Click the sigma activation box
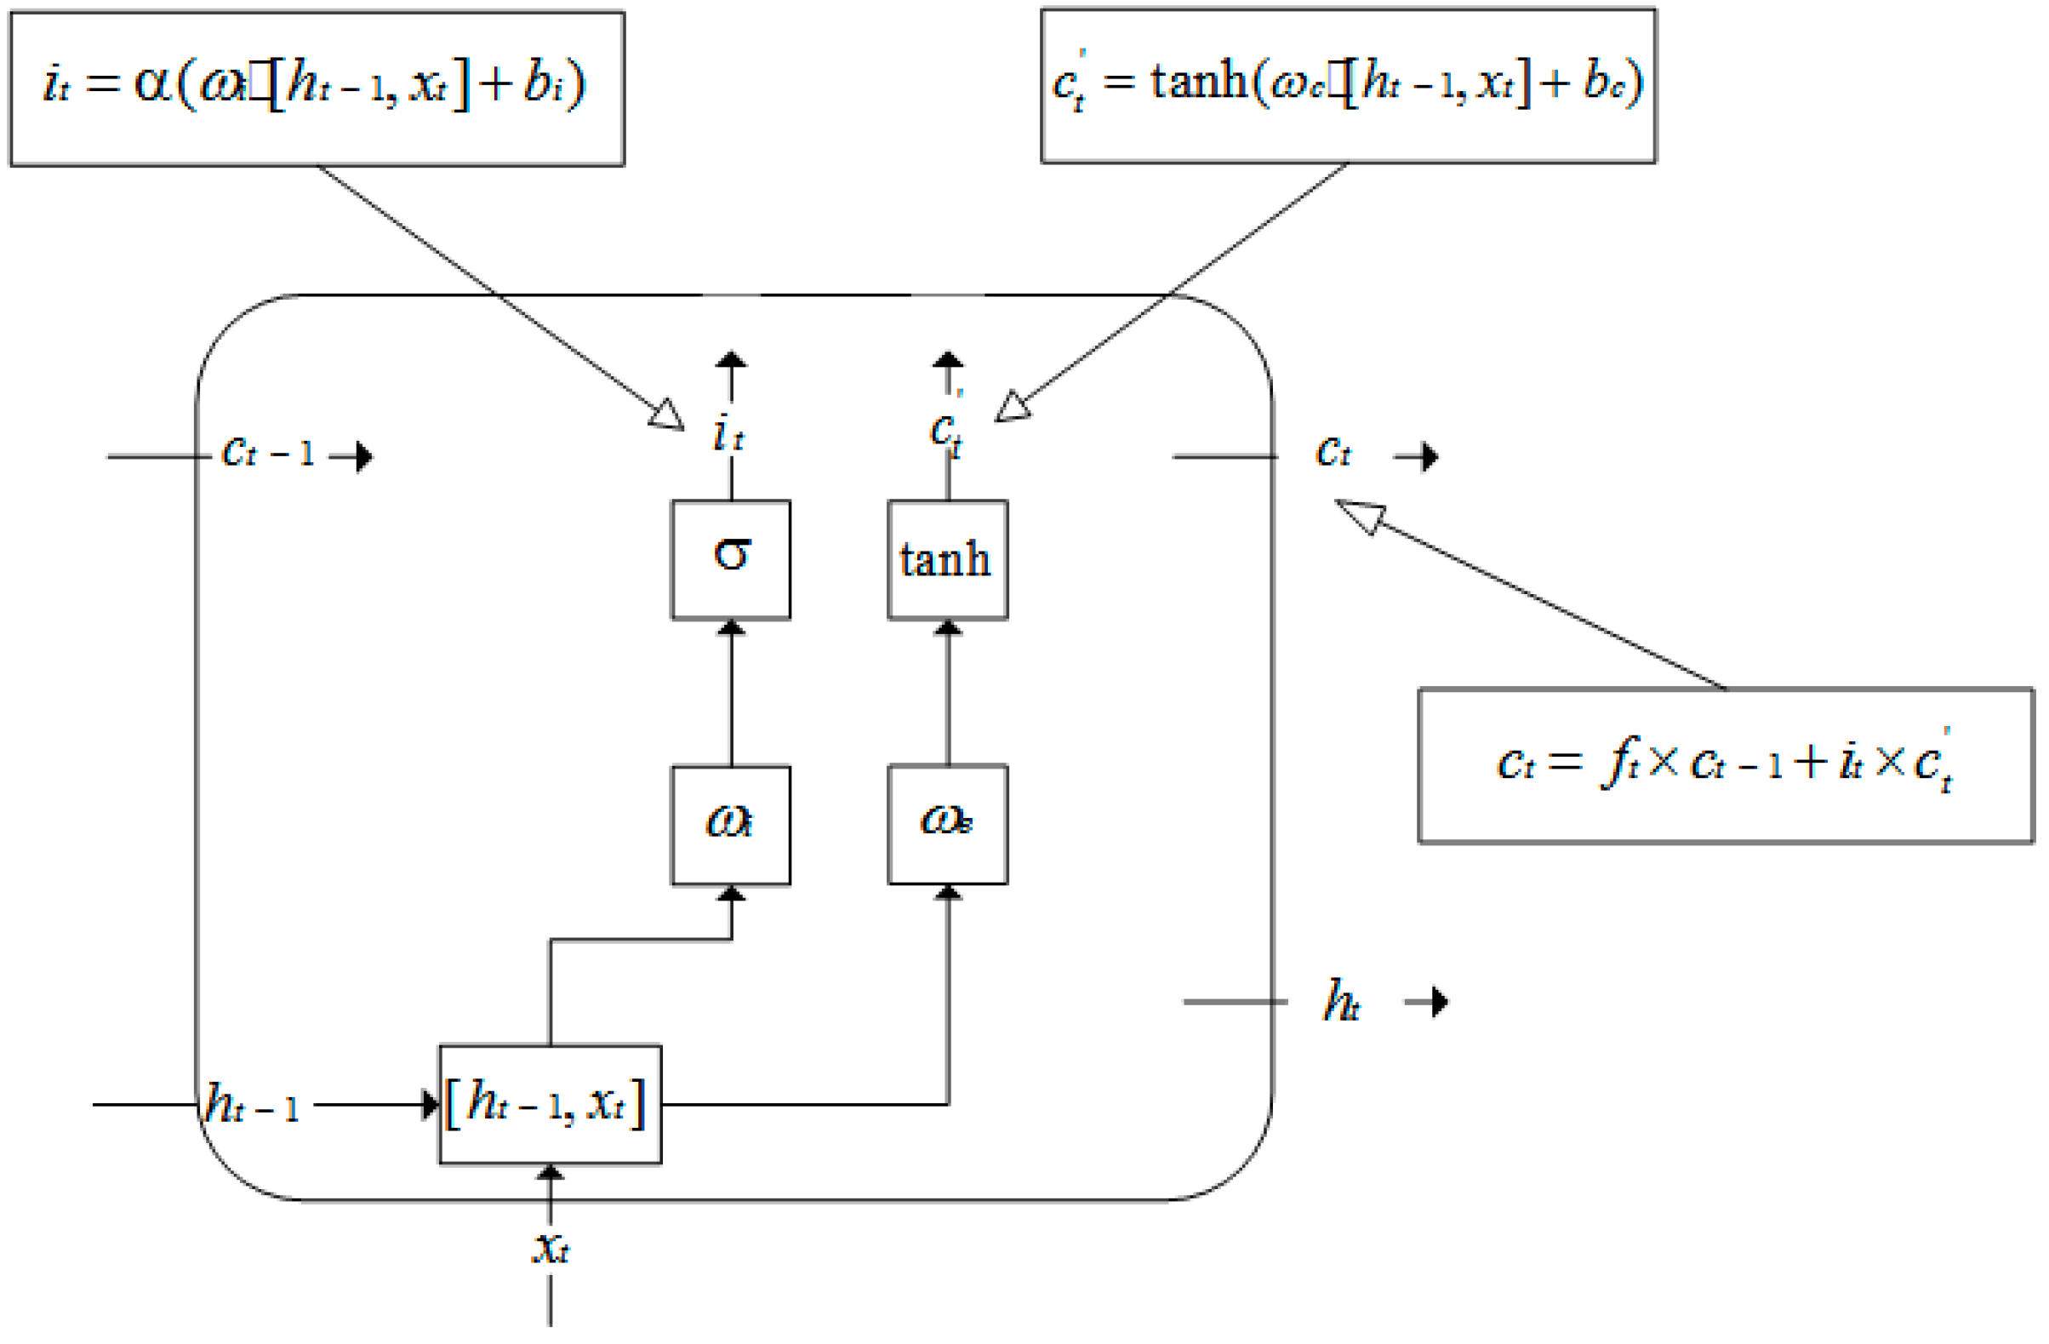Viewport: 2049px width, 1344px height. [x=731, y=559]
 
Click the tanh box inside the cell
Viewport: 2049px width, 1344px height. [x=947, y=559]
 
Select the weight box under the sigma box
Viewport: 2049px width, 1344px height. [x=731, y=825]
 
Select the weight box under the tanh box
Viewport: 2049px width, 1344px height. [x=947, y=824]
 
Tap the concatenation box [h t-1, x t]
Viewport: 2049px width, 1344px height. [x=551, y=1105]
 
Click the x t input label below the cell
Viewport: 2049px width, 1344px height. [x=551, y=1247]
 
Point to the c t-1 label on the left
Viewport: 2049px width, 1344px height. [x=268, y=452]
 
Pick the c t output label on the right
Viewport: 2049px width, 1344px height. [x=1333, y=452]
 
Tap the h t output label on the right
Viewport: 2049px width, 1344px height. [x=1341, y=1001]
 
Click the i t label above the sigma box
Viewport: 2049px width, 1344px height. [x=728, y=433]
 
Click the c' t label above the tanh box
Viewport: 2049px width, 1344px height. [x=946, y=431]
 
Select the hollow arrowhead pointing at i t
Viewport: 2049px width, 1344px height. [x=667, y=415]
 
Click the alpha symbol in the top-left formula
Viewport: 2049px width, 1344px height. [x=152, y=84]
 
